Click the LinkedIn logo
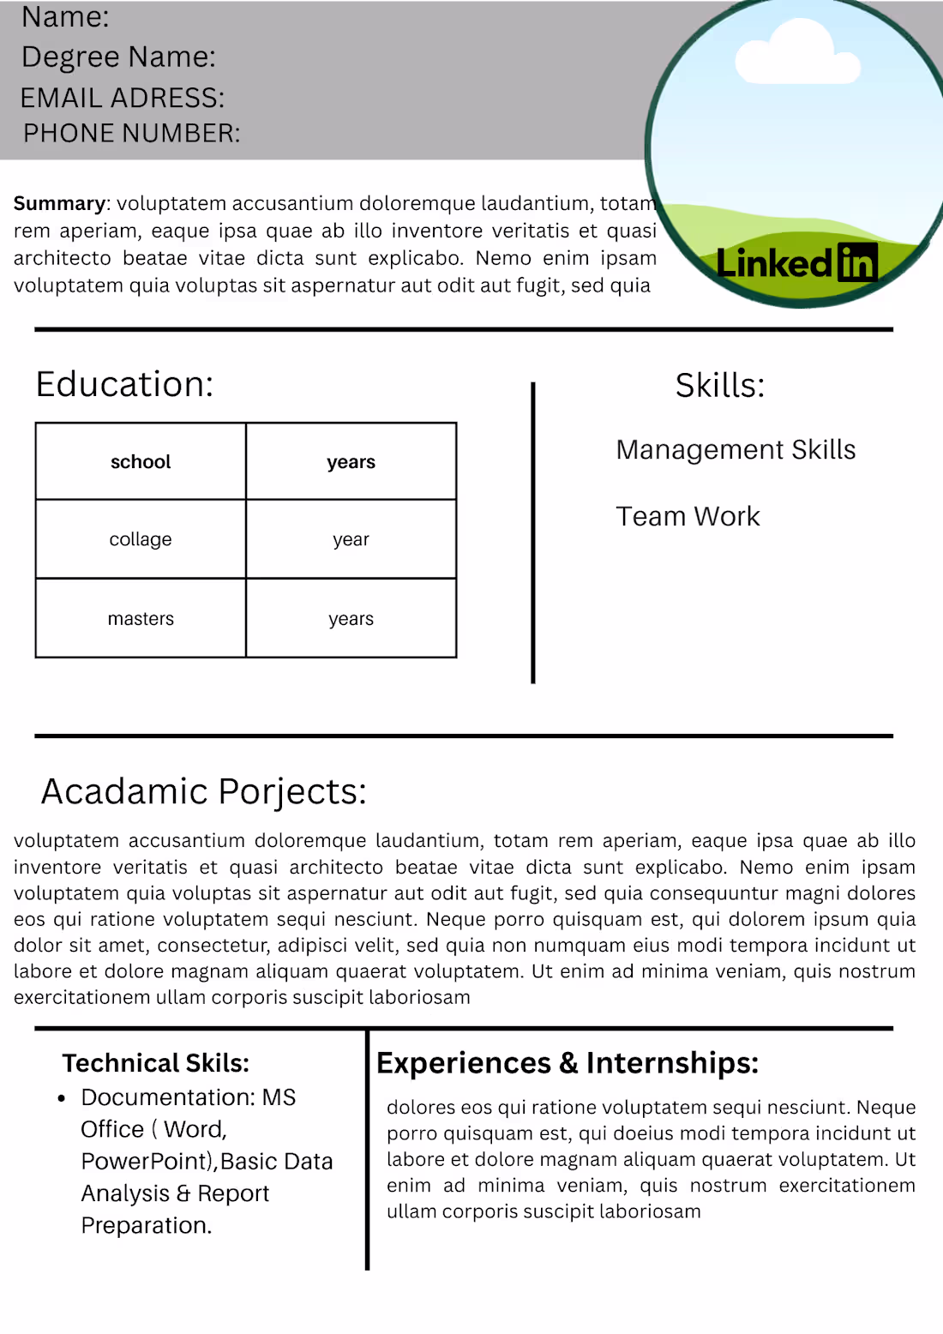click(796, 263)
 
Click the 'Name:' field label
click(65, 17)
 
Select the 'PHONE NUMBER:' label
click(131, 133)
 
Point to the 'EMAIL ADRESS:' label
click(122, 98)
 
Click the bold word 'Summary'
click(59, 203)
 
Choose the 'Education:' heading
click(124, 384)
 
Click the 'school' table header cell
click(141, 462)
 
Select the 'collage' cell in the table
click(141, 539)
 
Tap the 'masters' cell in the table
click(141, 619)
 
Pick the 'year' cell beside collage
click(351, 539)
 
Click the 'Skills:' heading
click(719, 386)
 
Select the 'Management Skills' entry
click(736, 449)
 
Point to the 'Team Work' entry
click(688, 516)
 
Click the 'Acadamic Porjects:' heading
click(203, 791)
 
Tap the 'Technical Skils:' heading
click(155, 1063)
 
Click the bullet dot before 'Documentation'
click(62, 1098)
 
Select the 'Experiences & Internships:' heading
click(568, 1063)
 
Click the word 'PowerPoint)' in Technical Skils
click(147, 1162)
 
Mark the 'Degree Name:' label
click(118, 57)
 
